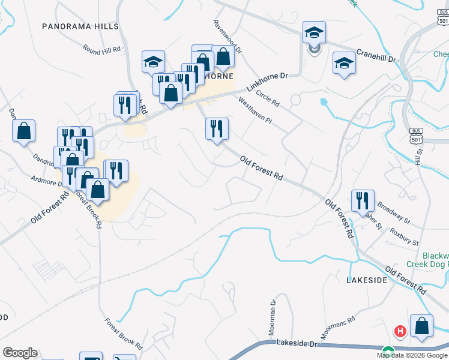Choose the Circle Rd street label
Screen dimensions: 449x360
(268, 98)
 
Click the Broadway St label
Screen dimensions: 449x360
(393, 212)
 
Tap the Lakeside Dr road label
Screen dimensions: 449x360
(297, 343)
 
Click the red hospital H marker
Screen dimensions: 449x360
(399, 331)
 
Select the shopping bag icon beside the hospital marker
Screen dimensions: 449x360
(421, 326)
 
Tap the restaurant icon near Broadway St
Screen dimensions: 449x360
(363, 200)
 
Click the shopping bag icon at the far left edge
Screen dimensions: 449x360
(23, 131)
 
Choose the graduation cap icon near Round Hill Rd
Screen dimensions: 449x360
(153, 61)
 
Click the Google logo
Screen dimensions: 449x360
(20, 353)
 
